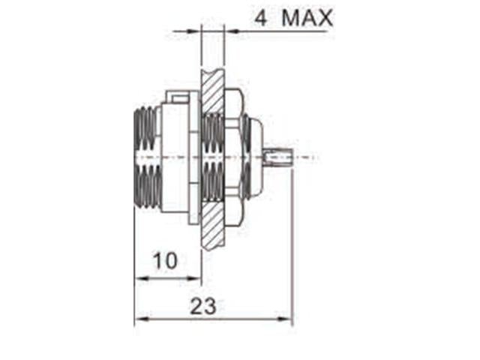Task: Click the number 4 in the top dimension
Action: click(x=261, y=18)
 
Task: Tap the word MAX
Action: click(x=307, y=18)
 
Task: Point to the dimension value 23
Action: click(x=203, y=306)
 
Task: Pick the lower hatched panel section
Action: click(x=212, y=225)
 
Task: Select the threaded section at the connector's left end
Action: click(x=146, y=158)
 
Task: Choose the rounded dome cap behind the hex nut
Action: click(x=254, y=157)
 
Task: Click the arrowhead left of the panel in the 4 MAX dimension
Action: click(x=196, y=31)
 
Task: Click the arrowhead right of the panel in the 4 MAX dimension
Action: click(x=229, y=31)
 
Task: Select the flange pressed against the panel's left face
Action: click(x=193, y=158)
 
